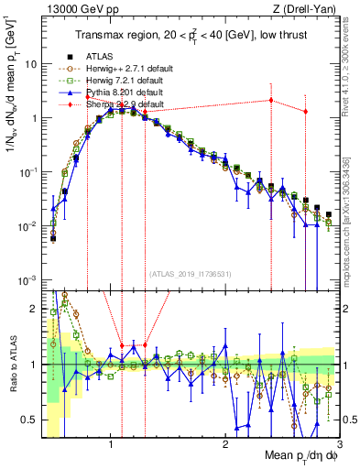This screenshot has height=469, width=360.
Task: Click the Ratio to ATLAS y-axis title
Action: pyautogui.click(x=13, y=365)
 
